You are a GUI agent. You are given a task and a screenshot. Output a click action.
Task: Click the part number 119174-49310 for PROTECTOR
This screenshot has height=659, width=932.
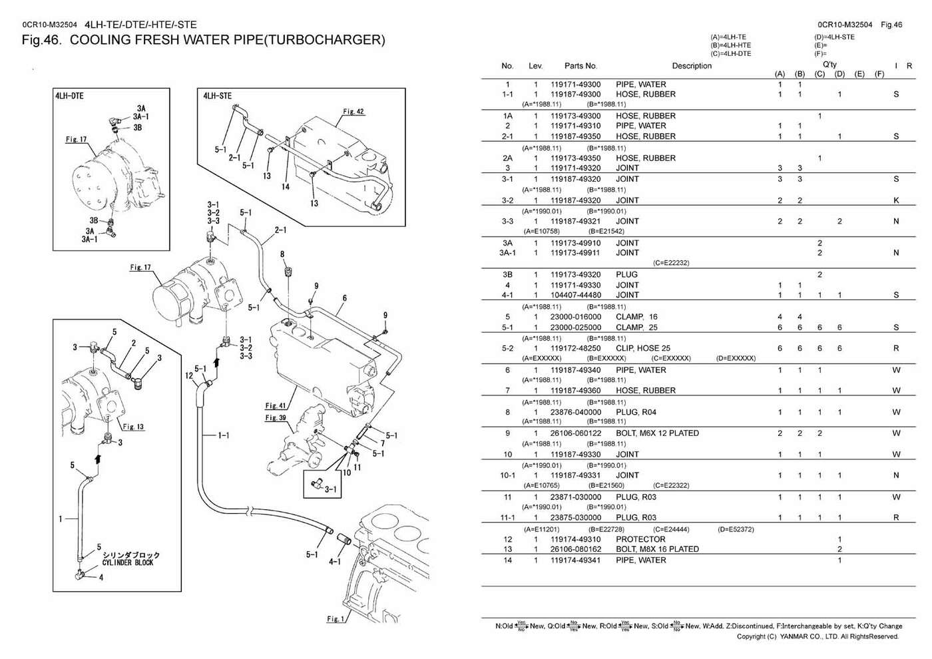click(575, 539)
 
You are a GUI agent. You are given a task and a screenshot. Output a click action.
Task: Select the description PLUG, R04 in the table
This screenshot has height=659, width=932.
click(636, 412)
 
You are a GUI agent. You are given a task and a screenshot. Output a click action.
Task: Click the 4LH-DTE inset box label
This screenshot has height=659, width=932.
click(69, 96)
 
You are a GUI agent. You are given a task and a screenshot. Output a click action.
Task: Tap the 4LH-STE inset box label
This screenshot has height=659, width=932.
click(217, 96)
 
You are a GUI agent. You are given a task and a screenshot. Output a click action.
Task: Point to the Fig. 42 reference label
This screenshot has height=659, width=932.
click(353, 112)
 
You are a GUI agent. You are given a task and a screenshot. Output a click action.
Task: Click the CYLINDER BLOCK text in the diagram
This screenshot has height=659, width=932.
click(128, 562)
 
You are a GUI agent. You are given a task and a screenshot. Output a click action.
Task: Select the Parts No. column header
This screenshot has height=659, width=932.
click(581, 66)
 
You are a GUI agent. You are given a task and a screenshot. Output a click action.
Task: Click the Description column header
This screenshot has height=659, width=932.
click(692, 66)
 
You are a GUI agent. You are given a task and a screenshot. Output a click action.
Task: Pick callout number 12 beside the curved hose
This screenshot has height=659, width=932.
click(189, 375)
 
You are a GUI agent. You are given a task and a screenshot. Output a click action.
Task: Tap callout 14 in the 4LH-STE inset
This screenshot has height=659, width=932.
click(285, 186)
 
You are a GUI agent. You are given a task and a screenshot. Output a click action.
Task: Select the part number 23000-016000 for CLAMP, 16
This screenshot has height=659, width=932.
click(575, 317)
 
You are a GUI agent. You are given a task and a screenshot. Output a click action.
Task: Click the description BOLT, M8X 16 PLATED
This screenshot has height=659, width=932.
click(657, 549)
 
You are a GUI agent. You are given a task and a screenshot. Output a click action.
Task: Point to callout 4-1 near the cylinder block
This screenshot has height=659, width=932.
click(335, 561)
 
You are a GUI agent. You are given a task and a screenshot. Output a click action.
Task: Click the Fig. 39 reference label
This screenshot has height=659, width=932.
click(275, 418)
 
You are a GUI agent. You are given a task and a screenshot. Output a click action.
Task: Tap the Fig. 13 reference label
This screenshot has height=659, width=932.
click(132, 427)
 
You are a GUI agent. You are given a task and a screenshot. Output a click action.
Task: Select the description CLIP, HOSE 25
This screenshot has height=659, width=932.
click(643, 348)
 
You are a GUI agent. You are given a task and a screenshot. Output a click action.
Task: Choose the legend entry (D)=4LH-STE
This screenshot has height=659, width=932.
click(834, 37)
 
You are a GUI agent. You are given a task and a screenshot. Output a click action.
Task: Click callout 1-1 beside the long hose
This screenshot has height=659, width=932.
click(224, 435)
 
